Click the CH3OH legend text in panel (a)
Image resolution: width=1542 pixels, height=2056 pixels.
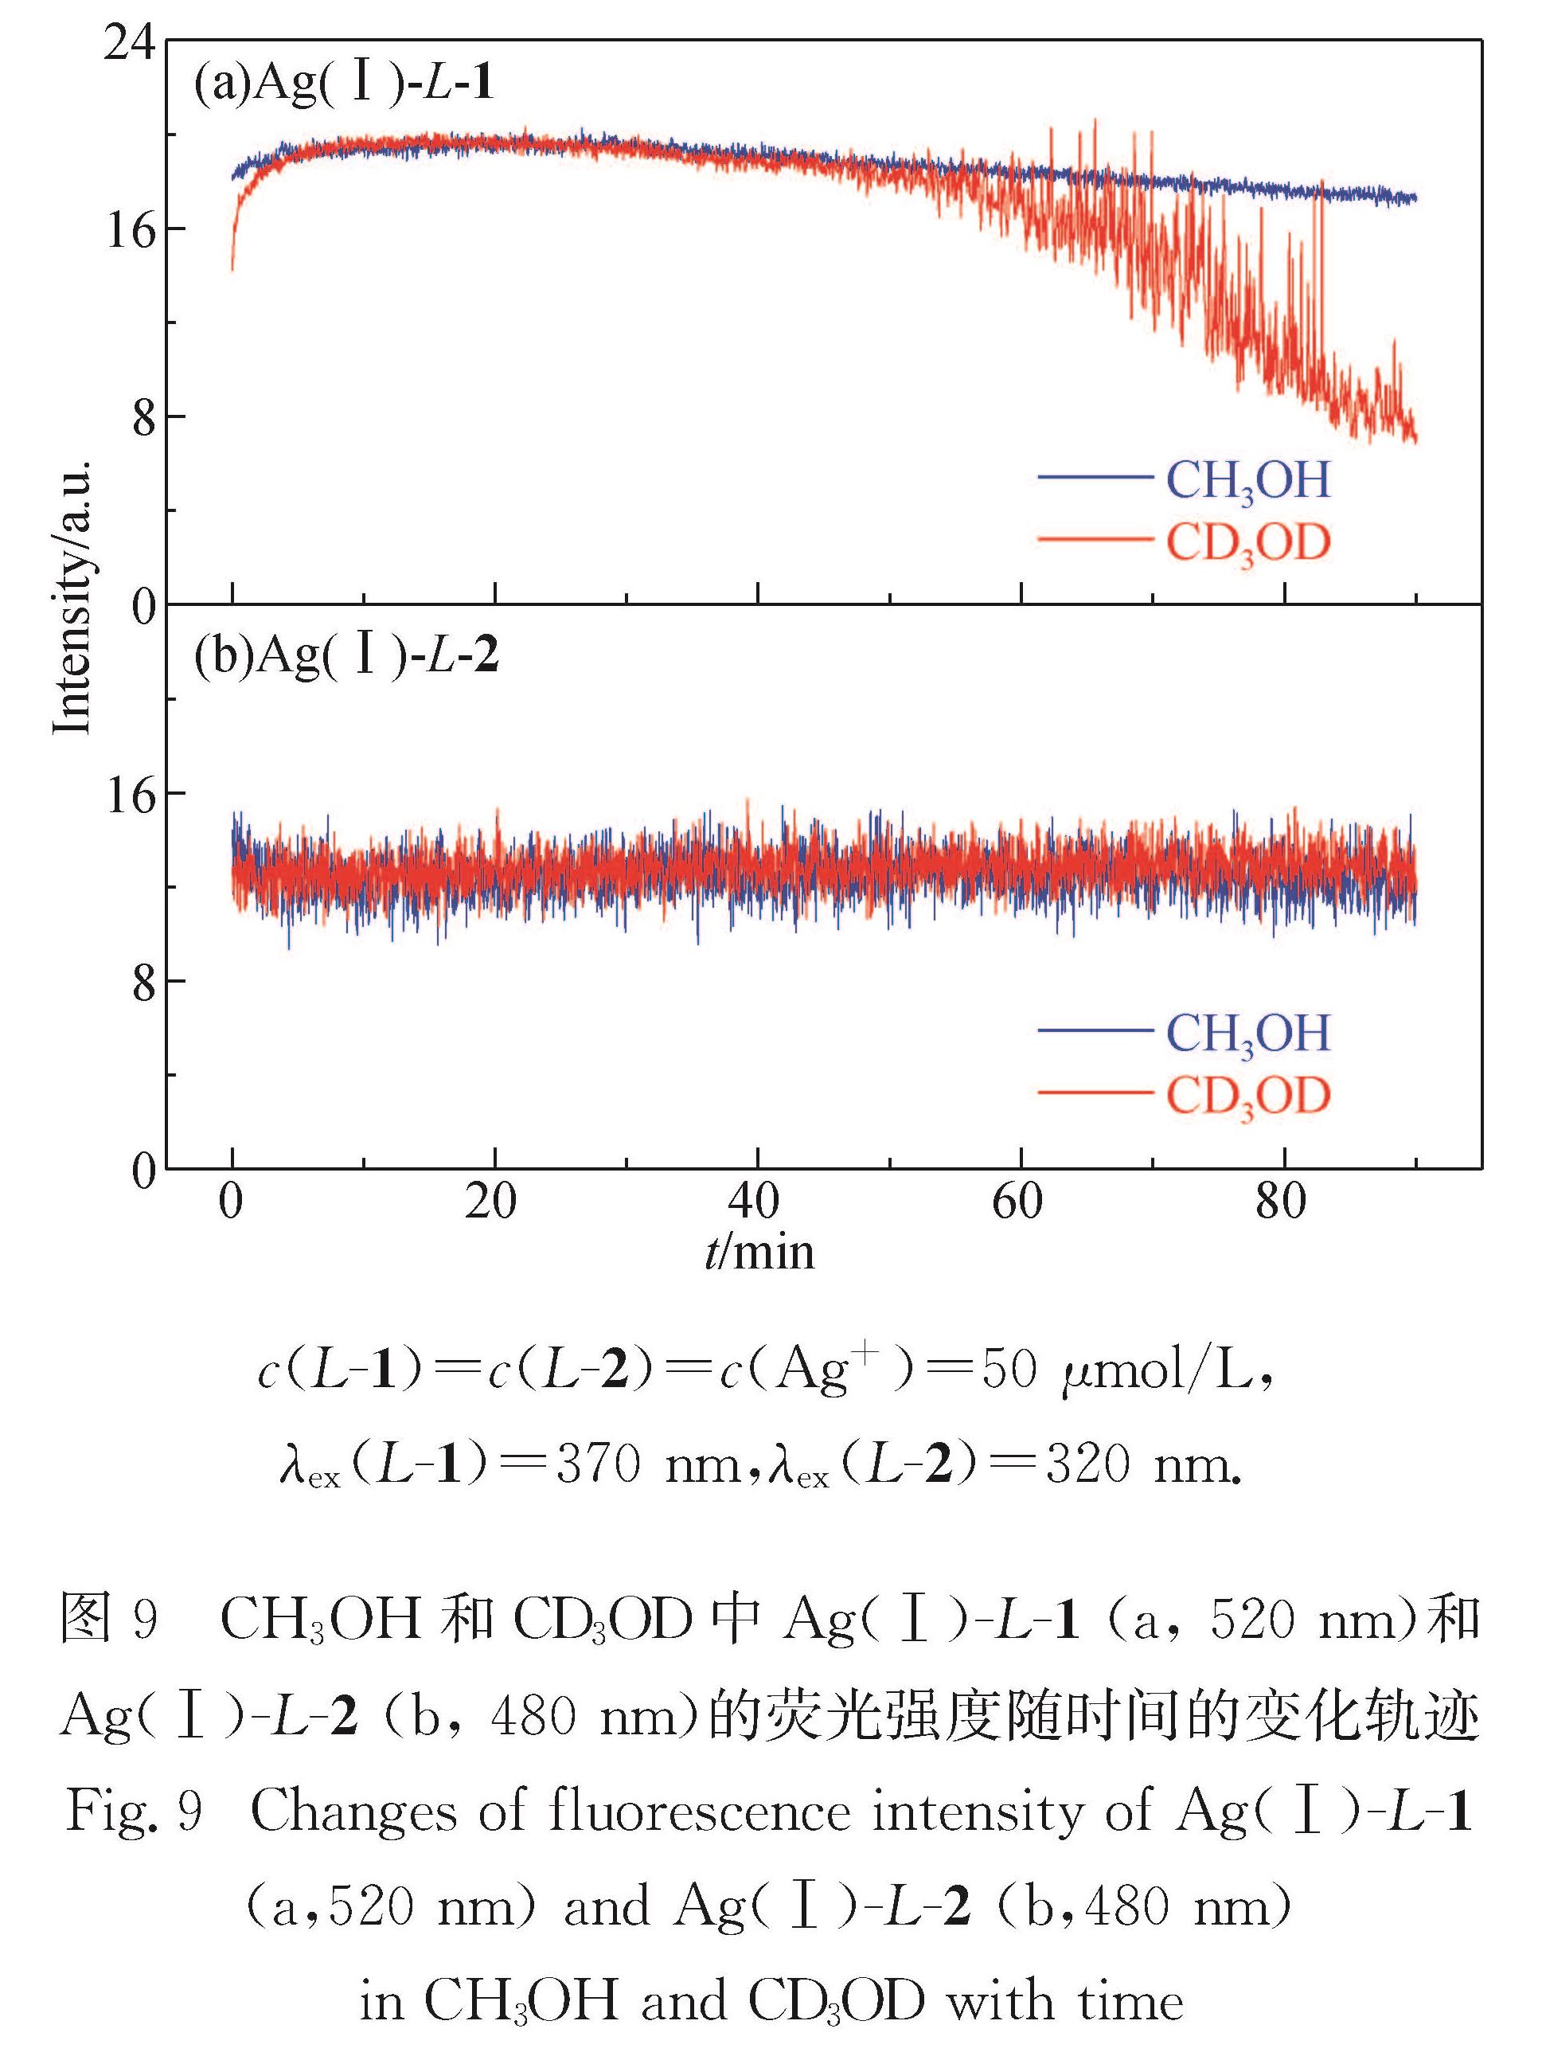click(x=1247, y=480)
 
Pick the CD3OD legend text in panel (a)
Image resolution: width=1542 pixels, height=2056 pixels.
click(x=1247, y=543)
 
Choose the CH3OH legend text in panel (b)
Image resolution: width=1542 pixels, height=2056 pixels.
click(x=1247, y=1033)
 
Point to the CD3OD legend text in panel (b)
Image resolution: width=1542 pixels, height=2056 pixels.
click(x=1247, y=1095)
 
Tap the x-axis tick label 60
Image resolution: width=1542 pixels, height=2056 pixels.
click(x=1017, y=1202)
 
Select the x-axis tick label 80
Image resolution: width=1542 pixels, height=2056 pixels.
click(x=1281, y=1202)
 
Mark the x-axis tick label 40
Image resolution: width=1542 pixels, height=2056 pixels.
click(x=754, y=1202)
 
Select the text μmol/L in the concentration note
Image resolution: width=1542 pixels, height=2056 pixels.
click(x=1155, y=1371)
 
